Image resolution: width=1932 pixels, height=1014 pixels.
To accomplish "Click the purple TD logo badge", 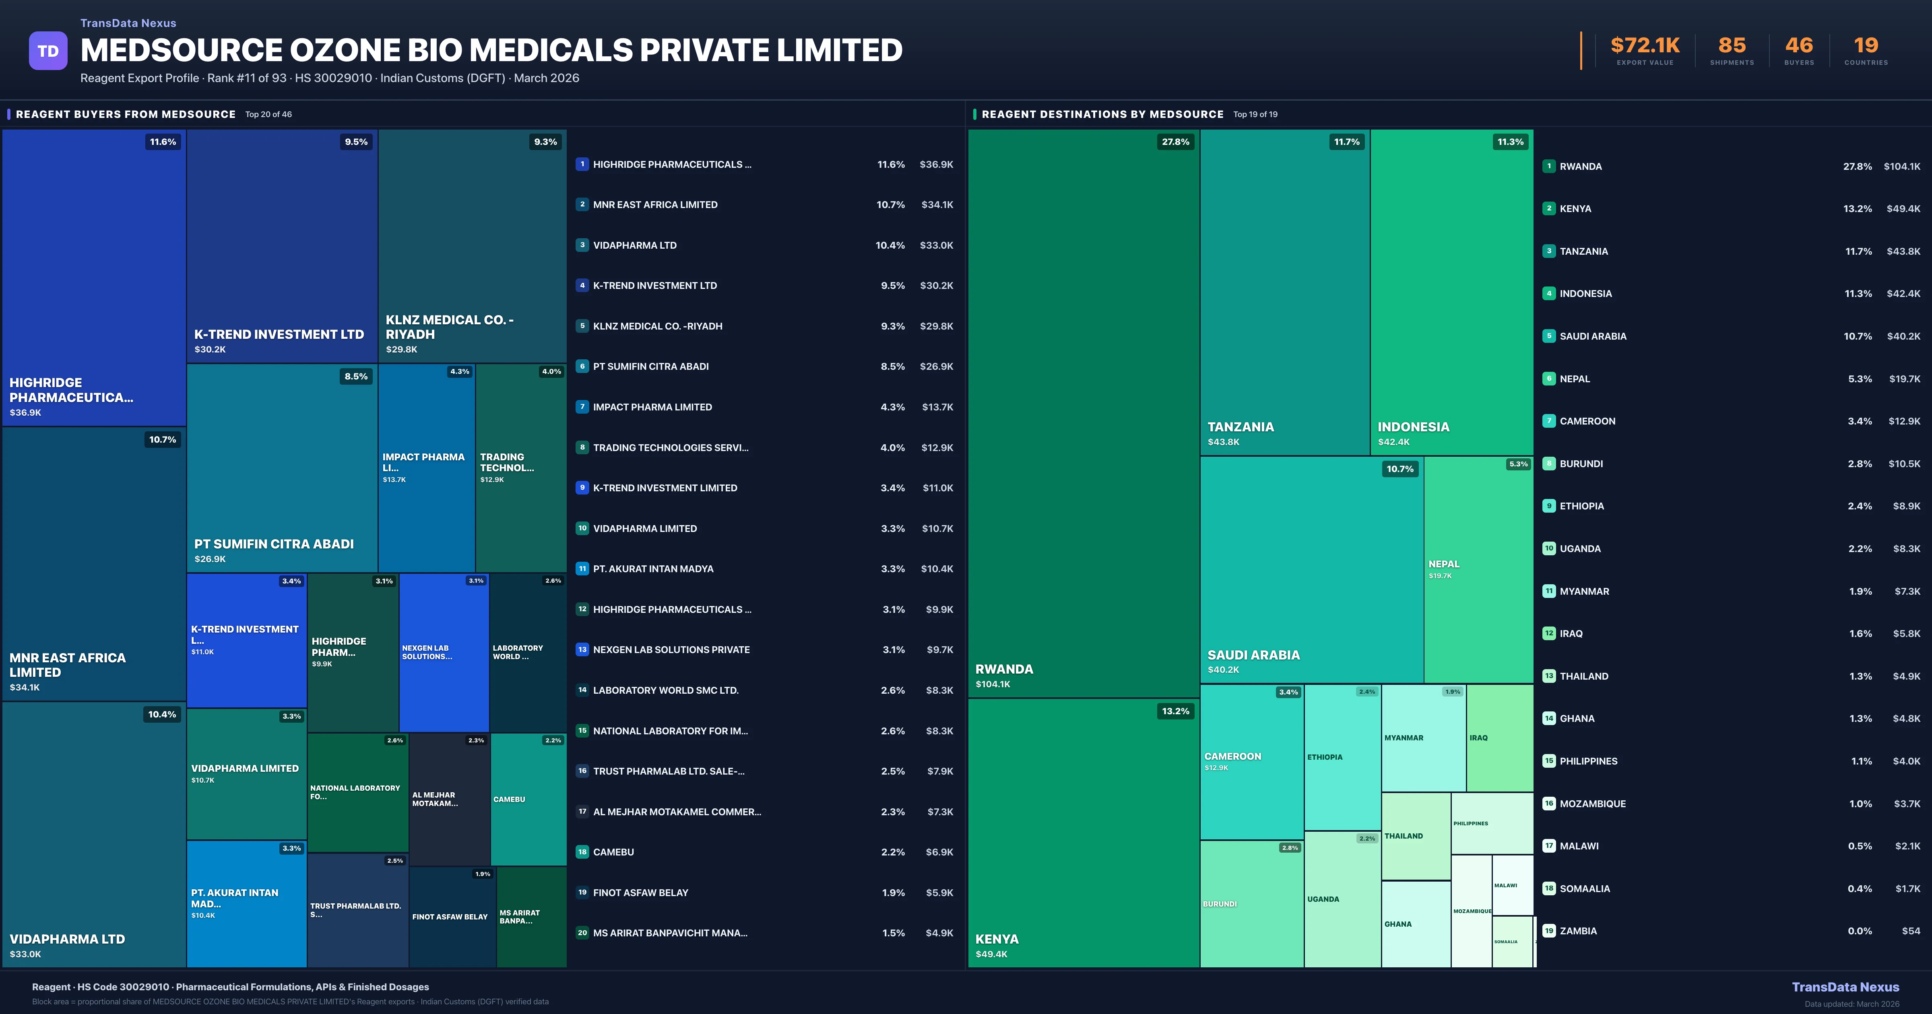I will pos(48,51).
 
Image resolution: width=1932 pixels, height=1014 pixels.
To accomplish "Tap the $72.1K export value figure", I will pos(1645,46).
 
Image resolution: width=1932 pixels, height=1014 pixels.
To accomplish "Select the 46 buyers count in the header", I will pos(1798,46).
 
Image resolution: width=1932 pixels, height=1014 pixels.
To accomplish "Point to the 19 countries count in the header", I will pos(1866,46).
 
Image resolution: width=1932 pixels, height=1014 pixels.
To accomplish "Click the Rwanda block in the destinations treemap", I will pos(1083,412).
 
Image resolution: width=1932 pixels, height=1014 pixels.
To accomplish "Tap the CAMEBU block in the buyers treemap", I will pos(528,800).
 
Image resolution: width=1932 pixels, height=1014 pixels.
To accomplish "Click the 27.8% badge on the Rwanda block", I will pos(1175,142).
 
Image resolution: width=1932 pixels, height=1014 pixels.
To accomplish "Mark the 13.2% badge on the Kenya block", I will pos(1175,711).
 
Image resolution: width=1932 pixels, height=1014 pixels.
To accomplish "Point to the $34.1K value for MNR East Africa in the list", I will pos(937,205).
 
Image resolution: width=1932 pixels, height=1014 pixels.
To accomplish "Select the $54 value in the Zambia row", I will pos(1911,931).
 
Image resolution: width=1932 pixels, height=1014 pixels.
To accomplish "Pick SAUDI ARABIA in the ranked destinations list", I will pos(1593,336).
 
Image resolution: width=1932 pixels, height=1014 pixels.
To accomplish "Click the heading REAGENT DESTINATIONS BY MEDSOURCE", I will pos(1102,114).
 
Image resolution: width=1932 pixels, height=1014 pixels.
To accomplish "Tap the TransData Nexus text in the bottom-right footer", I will pos(1845,987).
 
